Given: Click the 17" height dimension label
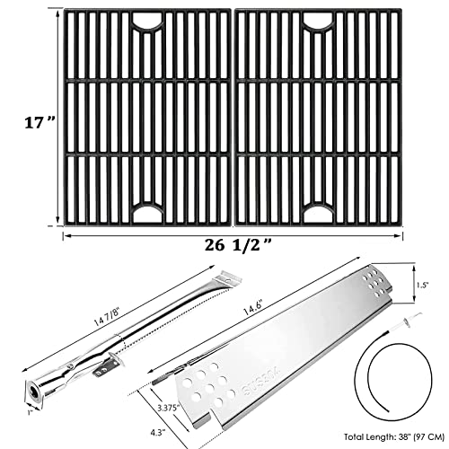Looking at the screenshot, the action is click(x=40, y=122).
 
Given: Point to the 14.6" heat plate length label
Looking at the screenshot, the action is click(x=252, y=308).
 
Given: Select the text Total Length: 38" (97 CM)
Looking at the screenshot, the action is click(x=394, y=437).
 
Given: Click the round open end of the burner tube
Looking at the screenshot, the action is click(x=31, y=391).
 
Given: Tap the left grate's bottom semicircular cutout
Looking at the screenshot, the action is click(x=147, y=213).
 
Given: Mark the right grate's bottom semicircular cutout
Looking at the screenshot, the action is click(x=318, y=213).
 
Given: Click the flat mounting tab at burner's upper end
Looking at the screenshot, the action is click(x=230, y=277).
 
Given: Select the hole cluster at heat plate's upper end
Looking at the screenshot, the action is click(x=374, y=281).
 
